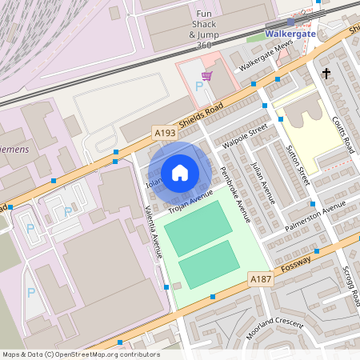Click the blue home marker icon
click(x=180, y=172)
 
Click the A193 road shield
click(x=164, y=130)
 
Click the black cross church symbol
click(x=326, y=74)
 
